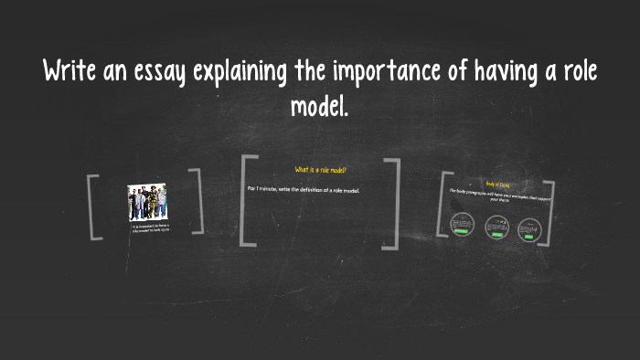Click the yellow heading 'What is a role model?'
pyautogui.click(x=320, y=170)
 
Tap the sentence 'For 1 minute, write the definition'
pyautogui.click(x=304, y=189)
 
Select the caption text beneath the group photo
pyautogui.click(x=148, y=228)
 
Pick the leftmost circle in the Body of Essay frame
pyautogui.click(x=463, y=224)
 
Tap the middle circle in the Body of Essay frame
pyautogui.click(x=496, y=225)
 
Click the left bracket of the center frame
pyautogui.click(x=242, y=201)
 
